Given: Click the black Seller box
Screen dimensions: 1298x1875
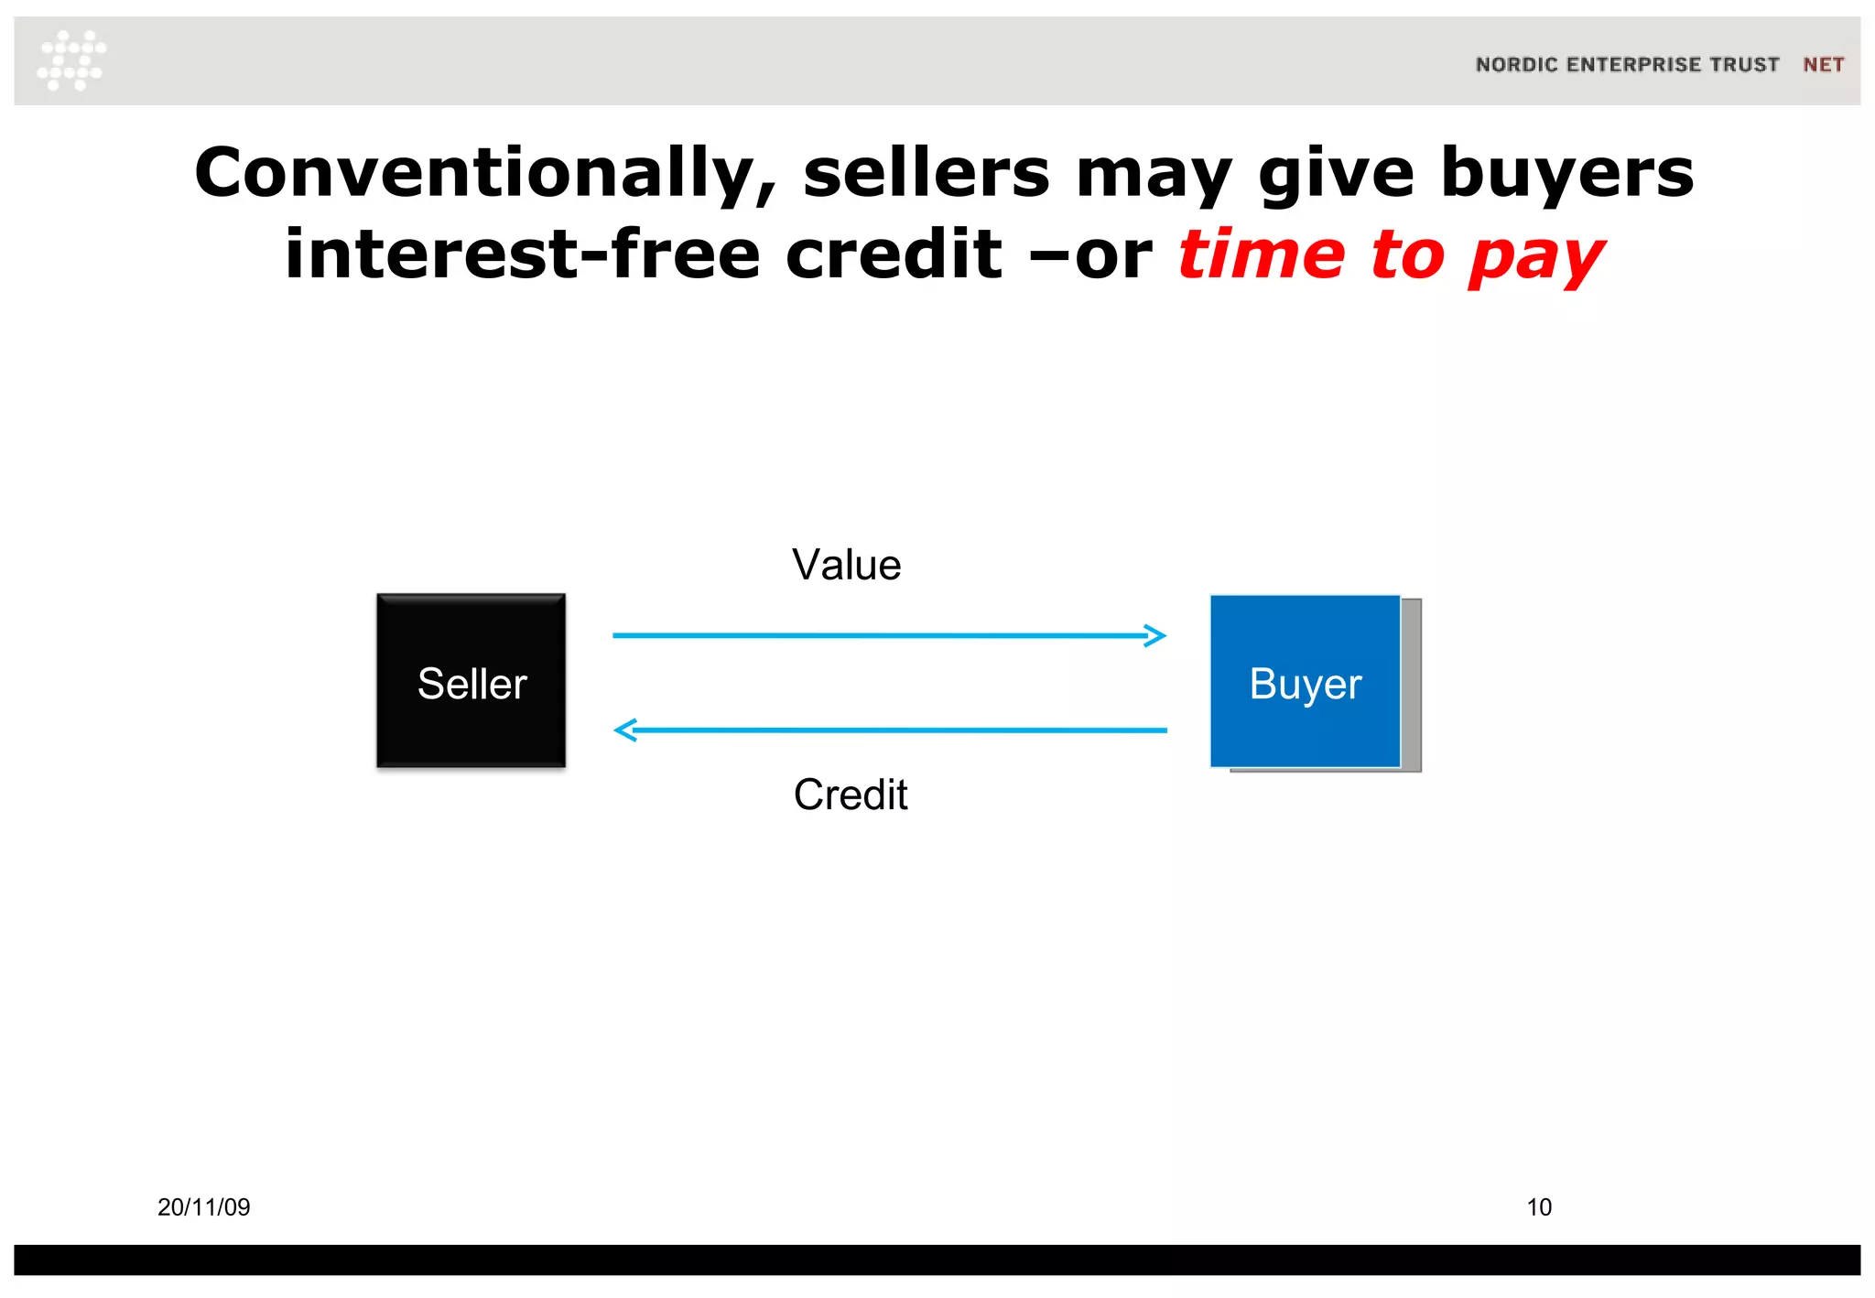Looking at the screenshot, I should tap(471, 680).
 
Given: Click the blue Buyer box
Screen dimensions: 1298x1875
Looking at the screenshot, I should tap(1305, 681).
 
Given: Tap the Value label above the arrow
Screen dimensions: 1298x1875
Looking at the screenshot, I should tap(846, 565).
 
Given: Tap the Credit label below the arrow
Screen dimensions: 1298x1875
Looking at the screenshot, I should tap(850, 795).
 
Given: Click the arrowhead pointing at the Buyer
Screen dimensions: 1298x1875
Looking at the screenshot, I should tap(1156, 635).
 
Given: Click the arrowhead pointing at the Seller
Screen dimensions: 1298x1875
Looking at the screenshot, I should tap(625, 730).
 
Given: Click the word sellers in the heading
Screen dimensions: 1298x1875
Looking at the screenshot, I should tap(926, 174).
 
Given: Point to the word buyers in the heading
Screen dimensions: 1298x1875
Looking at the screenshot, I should tap(1566, 174).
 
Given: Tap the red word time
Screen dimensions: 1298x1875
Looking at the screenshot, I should tap(1260, 254).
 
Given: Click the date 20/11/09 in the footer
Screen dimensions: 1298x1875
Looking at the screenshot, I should tap(203, 1207).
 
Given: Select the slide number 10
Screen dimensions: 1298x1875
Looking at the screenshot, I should tap(1538, 1207).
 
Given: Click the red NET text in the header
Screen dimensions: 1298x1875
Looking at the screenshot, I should tap(1823, 65).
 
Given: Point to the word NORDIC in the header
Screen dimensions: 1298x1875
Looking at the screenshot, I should tap(1516, 65).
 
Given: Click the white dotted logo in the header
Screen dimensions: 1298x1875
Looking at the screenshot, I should tap(71, 60).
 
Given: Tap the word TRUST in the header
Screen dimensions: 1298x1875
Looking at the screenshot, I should tap(1744, 65).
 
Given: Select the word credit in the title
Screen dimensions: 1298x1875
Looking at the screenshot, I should tap(894, 254).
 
